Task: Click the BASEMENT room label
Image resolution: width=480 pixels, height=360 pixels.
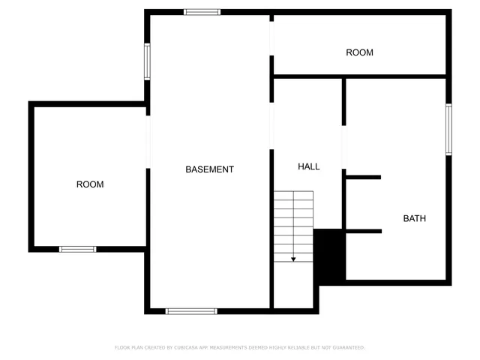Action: point(209,169)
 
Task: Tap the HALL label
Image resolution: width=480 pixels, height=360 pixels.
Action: point(308,166)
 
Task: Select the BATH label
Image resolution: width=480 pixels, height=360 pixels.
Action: point(415,219)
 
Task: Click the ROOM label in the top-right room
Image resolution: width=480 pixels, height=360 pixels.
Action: point(359,52)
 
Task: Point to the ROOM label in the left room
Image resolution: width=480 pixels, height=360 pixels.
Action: point(90,184)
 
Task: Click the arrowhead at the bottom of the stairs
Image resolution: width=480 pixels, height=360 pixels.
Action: point(293,259)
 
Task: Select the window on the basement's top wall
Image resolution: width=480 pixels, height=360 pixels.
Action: point(202,12)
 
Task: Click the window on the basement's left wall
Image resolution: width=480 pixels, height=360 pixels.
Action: point(147,61)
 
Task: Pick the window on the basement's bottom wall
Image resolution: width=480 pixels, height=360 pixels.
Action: point(191,310)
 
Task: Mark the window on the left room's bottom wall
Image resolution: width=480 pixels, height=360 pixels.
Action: point(78,249)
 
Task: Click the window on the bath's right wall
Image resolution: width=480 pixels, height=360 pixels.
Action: point(449,129)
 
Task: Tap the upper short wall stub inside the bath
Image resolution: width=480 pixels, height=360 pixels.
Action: point(363,178)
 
